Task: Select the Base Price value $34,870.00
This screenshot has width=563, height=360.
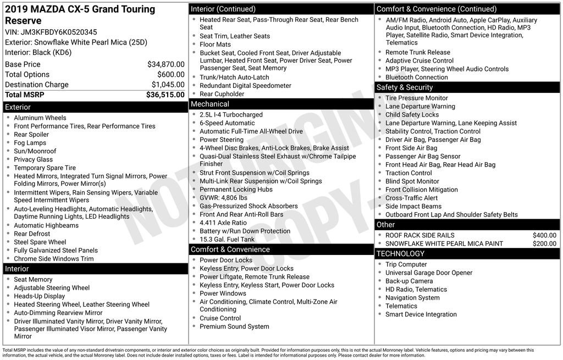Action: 165,64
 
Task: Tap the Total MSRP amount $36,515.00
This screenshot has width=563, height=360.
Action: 165,95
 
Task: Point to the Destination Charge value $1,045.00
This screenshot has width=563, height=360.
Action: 168,85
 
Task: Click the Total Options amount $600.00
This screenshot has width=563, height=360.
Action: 170,74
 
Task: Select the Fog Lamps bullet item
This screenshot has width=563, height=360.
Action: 30,143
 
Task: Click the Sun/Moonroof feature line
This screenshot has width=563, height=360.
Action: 35,151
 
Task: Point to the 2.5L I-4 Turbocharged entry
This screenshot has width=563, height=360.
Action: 231,115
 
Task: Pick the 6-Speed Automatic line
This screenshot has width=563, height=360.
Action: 227,123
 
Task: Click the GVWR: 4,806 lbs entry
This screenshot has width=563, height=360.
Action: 223,198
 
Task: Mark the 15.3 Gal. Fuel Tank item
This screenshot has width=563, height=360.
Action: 227,240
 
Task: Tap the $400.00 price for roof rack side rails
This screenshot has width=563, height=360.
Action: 544,235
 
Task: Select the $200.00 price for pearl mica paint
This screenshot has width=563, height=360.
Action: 544,243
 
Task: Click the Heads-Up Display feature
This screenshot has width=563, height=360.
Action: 40,296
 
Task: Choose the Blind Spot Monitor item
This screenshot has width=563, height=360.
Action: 412,181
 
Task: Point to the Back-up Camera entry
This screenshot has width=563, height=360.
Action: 409,281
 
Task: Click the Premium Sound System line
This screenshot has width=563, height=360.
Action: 234,326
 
